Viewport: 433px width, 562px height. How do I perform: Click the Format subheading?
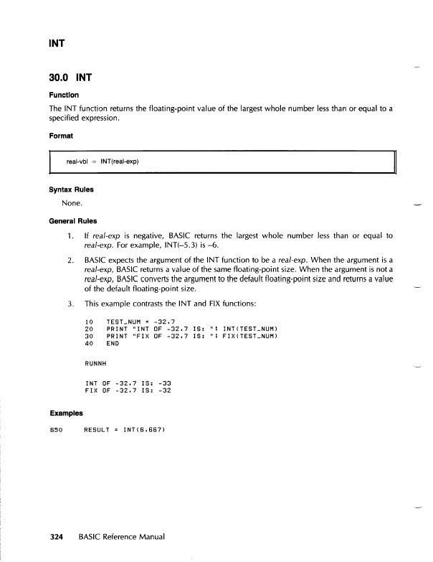click(x=61, y=134)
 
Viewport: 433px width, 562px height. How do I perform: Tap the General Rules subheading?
click(x=74, y=220)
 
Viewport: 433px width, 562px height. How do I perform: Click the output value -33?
click(x=163, y=383)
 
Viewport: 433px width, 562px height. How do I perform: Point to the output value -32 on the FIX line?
click(x=163, y=391)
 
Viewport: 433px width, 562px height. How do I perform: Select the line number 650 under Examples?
click(x=56, y=430)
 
